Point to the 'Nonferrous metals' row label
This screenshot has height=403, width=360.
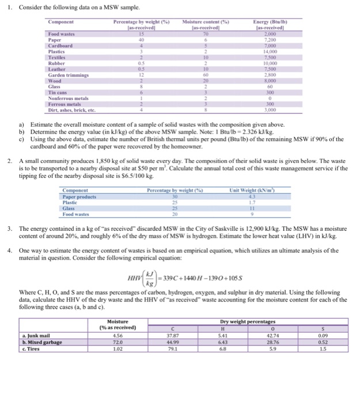(x=69, y=99)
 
